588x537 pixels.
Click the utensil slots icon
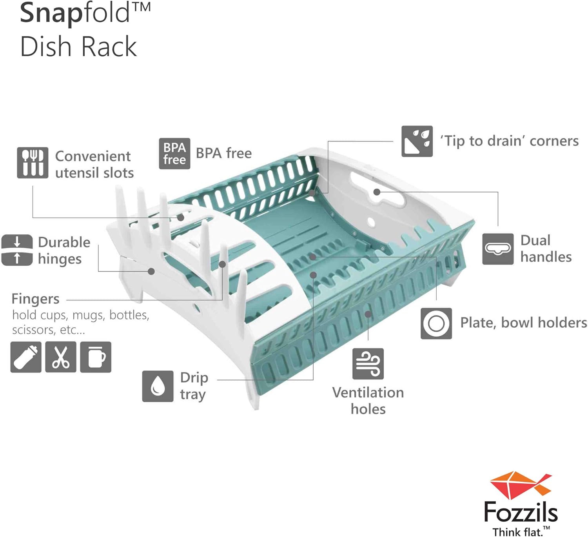(x=33, y=163)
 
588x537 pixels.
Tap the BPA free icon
(x=174, y=154)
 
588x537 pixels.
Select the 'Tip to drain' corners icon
(x=417, y=142)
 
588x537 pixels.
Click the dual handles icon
(x=497, y=249)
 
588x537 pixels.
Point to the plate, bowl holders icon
(x=436, y=323)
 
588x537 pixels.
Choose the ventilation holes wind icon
(x=368, y=364)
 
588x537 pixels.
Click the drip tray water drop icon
(x=158, y=386)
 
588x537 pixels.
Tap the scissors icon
(x=61, y=357)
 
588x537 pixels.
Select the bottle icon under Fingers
(x=26, y=357)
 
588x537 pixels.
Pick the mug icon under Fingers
(x=96, y=357)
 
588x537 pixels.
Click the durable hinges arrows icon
(x=17, y=250)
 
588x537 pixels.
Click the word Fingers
(x=35, y=299)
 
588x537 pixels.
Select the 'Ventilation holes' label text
(x=368, y=401)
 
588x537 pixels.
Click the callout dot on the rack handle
(x=377, y=192)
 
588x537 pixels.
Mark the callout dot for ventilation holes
(x=368, y=314)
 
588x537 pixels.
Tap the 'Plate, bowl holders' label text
(x=523, y=323)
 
